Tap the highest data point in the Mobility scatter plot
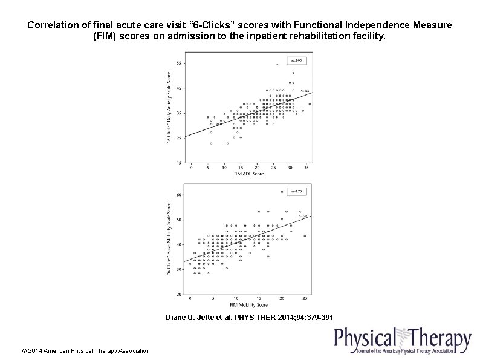coord(282,192)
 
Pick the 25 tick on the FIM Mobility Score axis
coord(305,299)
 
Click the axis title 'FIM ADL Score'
coord(248,174)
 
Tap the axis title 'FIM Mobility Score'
coord(248,305)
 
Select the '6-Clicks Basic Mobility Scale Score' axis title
coord(169,239)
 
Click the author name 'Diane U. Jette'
coord(190,317)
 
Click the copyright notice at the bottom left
coord(85,350)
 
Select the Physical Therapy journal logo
coord(403,341)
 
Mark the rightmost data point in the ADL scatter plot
coord(310,103)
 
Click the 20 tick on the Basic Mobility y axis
coord(179,294)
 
